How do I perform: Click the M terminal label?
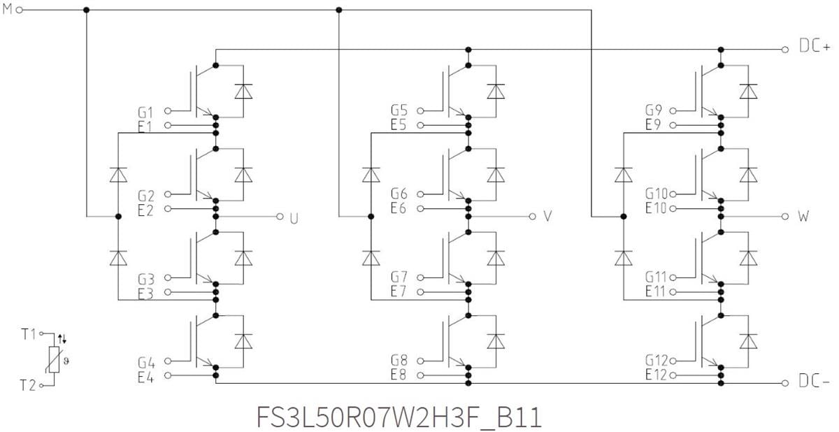(x=8, y=10)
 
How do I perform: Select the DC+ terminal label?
(x=815, y=48)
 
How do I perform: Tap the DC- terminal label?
(x=815, y=382)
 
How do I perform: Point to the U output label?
(x=294, y=217)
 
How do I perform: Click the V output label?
(x=547, y=217)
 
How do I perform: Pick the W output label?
(x=803, y=217)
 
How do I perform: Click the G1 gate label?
(x=146, y=111)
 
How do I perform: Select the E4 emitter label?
(x=146, y=376)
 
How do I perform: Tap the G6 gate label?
(x=399, y=194)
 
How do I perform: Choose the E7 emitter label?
(x=399, y=291)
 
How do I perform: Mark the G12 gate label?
(x=656, y=361)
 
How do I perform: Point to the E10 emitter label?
(x=656, y=208)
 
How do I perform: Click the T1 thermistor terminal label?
(x=28, y=334)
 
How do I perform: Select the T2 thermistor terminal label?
(x=28, y=384)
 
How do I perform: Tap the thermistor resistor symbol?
(x=53, y=360)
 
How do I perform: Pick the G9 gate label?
(x=653, y=111)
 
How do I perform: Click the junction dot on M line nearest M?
(x=86, y=10)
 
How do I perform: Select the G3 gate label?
(x=146, y=278)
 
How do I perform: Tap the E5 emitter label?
(x=399, y=126)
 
